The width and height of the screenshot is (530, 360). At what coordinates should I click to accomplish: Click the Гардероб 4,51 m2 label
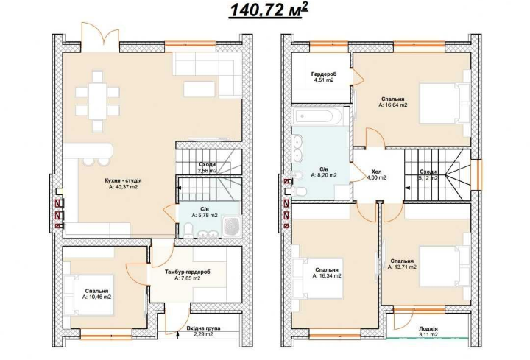[x=324, y=77]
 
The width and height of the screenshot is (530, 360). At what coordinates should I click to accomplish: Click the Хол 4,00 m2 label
[x=376, y=174]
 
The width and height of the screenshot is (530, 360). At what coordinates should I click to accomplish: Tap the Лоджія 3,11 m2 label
[x=428, y=331]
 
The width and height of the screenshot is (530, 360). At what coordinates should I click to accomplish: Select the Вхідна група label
[x=203, y=328]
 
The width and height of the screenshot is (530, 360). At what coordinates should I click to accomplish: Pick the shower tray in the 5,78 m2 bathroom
[x=232, y=226]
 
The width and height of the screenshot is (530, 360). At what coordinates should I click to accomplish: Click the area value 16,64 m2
[x=393, y=105]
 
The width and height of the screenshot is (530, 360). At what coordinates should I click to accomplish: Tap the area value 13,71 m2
[x=402, y=267]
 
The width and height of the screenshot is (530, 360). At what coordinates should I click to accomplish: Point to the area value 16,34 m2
[x=327, y=276]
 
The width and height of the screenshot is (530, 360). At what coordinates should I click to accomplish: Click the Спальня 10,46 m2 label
[x=96, y=294]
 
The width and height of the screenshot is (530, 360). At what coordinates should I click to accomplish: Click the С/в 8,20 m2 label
[x=324, y=172]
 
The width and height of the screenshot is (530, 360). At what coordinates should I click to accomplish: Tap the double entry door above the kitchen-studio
[x=100, y=38]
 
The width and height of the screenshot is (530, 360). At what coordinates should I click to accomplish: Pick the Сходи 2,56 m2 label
[x=208, y=168]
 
